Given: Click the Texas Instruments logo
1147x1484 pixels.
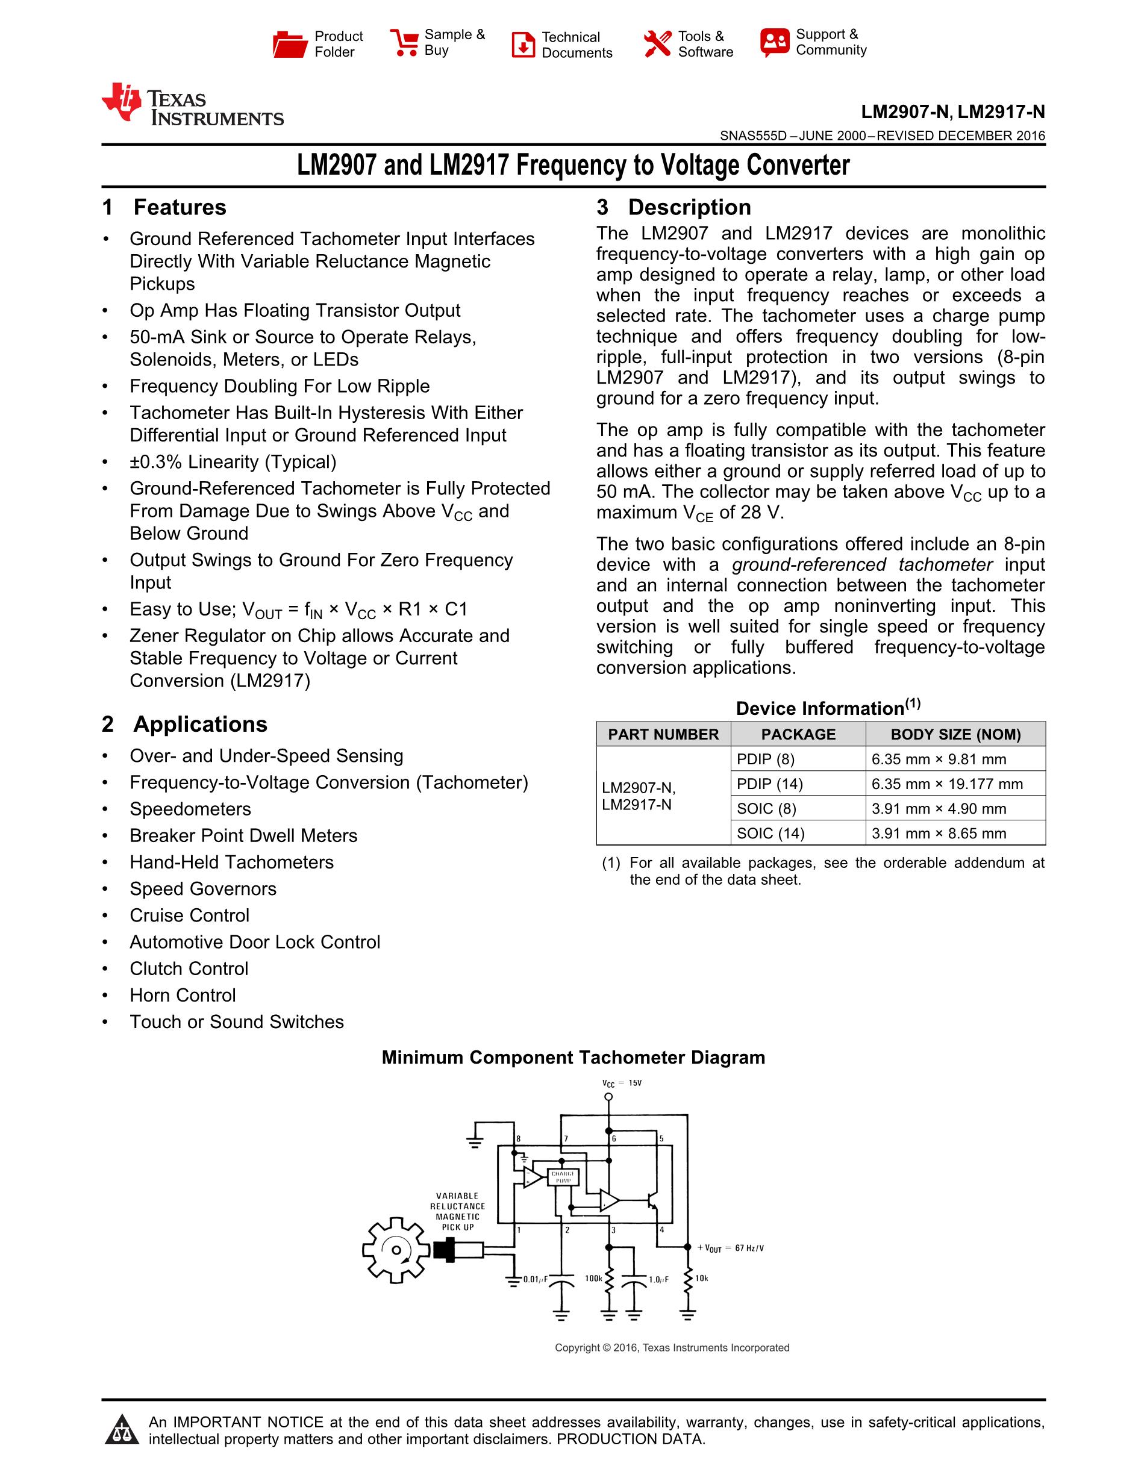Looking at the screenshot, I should [x=192, y=106].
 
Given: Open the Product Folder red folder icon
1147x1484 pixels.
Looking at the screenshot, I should [x=290, y=44].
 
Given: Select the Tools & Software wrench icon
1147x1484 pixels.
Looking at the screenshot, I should [x=657, y=44].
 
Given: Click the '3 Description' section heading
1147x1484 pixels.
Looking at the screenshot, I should [x=674, y=207].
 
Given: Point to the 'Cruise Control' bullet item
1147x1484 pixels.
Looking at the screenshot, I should [x=190, y=915].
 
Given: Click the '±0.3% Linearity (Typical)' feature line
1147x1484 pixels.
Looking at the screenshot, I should [x=233, y=462].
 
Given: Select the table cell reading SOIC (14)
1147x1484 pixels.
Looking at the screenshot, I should [x=770, y=833].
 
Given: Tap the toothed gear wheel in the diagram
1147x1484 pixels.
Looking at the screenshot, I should [x=395, y=1250].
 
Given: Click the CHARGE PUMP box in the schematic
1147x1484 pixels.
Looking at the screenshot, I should [x=563, y=1177].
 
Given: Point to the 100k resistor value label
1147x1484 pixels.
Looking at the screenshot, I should [x=593, y=1278].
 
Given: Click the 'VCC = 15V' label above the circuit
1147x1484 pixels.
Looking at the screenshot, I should [x=621, y=1083].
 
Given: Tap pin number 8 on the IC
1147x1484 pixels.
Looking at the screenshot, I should [x=519, y=1139].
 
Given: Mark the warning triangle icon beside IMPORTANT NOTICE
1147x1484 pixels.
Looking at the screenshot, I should [x=122, y=1430].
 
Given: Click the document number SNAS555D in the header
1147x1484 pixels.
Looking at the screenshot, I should [x=753, y=136].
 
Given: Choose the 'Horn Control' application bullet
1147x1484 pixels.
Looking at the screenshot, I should [x=183, y=996].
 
